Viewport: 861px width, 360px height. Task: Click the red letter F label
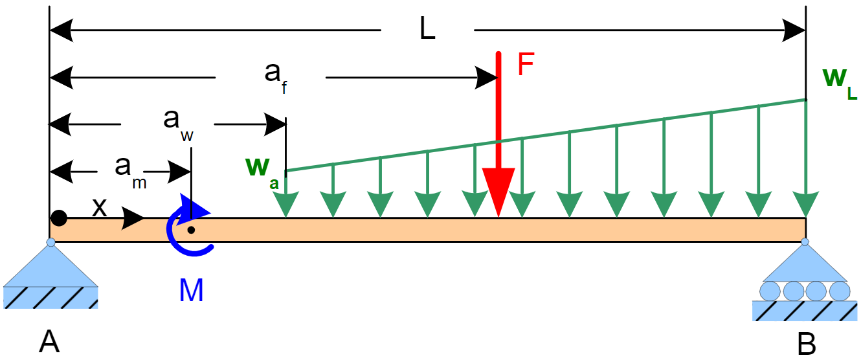525,65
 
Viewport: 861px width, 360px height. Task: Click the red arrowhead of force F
498,190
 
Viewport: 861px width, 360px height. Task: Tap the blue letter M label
191,292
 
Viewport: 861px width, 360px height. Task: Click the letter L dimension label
427,30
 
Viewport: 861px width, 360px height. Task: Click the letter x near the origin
99,207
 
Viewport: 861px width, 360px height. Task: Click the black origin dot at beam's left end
59,218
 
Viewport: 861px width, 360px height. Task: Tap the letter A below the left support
49,340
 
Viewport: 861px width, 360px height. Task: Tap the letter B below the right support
806,344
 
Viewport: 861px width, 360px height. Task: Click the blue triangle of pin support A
50,269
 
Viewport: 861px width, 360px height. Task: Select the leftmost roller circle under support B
770,290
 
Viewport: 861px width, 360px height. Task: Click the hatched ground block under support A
50,297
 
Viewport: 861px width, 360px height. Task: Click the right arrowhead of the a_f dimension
487,78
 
